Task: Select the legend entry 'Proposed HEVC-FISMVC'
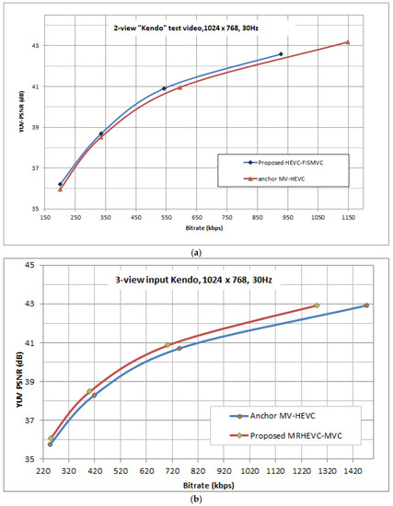274,162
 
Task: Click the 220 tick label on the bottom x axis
41,469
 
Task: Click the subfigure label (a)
196,250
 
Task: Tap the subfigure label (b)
196,498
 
